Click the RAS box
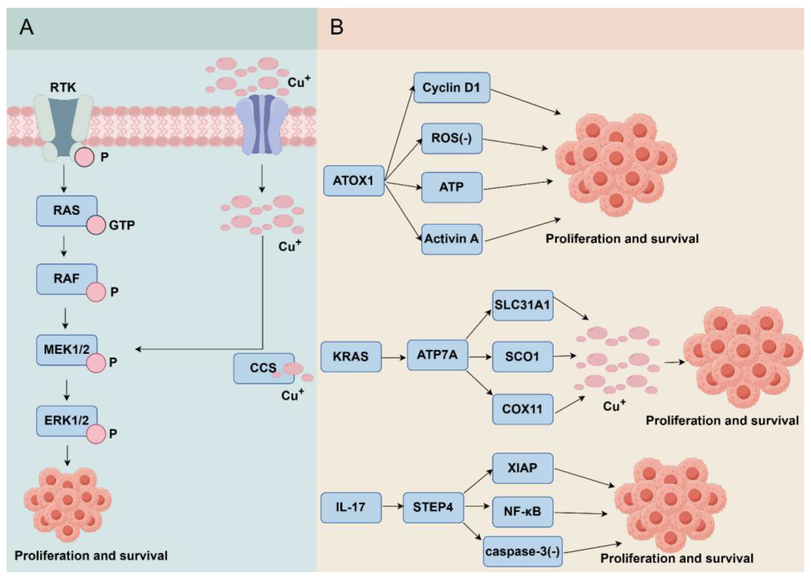click(x=67, y=211)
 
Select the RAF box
click(x=67, y=279)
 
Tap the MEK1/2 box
click(x=67, y=350)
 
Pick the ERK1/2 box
click(x=67, y=421)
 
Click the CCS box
click(x=264, y=368)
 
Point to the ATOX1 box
click(x=354, y=180)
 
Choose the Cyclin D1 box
click(x=452, y=88)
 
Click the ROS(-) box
click(x=452, y=139)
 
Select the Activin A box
click(x=452, y=239)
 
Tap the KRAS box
click(x=351, y=357)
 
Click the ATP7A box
click(x=438, y=355)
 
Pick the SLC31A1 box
click(x=523, y=305)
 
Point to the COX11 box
click(x=523, y=409)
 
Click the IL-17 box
click(x=351, y=508)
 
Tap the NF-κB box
click(x=523, y=512)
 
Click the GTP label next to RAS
click(x=122, y=225)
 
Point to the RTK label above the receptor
click(x=63, y=87)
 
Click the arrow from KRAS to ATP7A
click(x=394, y=357)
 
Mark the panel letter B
click(x=337, y=27)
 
